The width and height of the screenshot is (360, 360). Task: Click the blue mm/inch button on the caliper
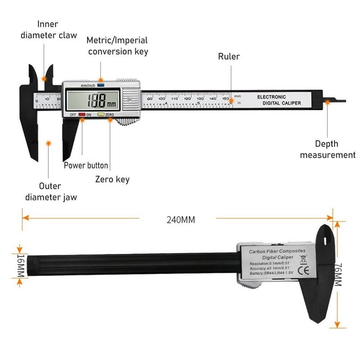[x=100, y=85]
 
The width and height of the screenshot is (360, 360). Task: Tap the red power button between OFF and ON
[x=81, y=115]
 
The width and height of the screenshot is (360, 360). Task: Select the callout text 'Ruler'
[x=229, y=57]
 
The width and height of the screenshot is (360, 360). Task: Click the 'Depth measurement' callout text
[x=327, y=149]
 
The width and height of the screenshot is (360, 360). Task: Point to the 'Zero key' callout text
[x=112, y=179]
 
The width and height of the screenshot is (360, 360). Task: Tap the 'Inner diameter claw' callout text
[x=48, y=30]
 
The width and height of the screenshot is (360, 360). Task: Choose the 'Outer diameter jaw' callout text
[x=51, y=191]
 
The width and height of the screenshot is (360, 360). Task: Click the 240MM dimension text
[x=181, y=220]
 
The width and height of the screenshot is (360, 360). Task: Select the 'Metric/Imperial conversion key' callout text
[x=118, y=46]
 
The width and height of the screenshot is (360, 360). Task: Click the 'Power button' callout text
[x=86, y=165]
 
